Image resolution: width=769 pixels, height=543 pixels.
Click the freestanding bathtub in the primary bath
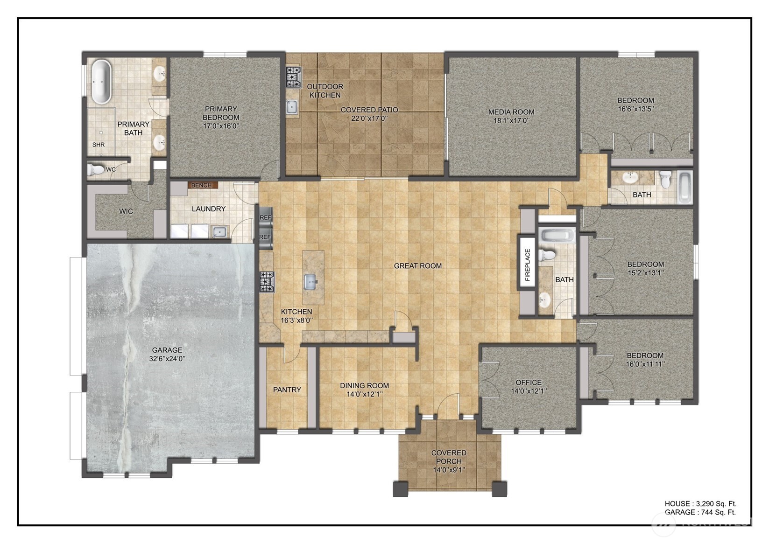point(101,82)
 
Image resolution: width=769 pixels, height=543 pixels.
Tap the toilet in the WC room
point(97,169)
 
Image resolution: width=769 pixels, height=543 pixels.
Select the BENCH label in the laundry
point(202,185)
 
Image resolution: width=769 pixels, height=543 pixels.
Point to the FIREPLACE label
point(528,265)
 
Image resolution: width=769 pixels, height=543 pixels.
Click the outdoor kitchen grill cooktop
point(293,77)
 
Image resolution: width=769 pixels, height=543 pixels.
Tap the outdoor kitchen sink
point(292,107)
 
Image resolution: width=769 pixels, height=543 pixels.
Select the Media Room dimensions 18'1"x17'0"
point(511,120)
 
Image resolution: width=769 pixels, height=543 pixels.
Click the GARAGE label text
point(167,350)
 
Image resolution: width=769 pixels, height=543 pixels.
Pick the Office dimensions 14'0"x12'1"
point(529,391)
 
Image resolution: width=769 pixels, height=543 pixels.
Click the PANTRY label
point(287,390)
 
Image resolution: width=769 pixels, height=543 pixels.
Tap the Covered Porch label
point(449,457)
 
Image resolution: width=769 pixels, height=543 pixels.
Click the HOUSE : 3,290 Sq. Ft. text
point(700,503)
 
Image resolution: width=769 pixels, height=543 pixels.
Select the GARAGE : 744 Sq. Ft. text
point(700,512)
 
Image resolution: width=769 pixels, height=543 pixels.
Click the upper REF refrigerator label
point(265,217)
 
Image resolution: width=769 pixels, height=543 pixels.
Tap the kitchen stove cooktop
point(267,282)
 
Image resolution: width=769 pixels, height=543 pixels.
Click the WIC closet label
point(126,211)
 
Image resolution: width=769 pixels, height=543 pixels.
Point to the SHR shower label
point(99,145)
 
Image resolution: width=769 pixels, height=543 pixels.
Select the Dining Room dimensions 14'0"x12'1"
point(364,394)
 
